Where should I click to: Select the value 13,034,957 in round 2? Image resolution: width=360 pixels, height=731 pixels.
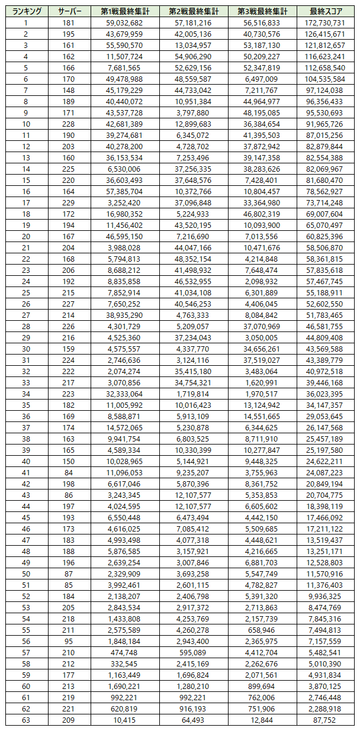194,45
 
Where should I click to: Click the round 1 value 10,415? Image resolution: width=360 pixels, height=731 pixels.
125,720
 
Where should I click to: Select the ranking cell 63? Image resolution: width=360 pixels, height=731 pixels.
26,720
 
